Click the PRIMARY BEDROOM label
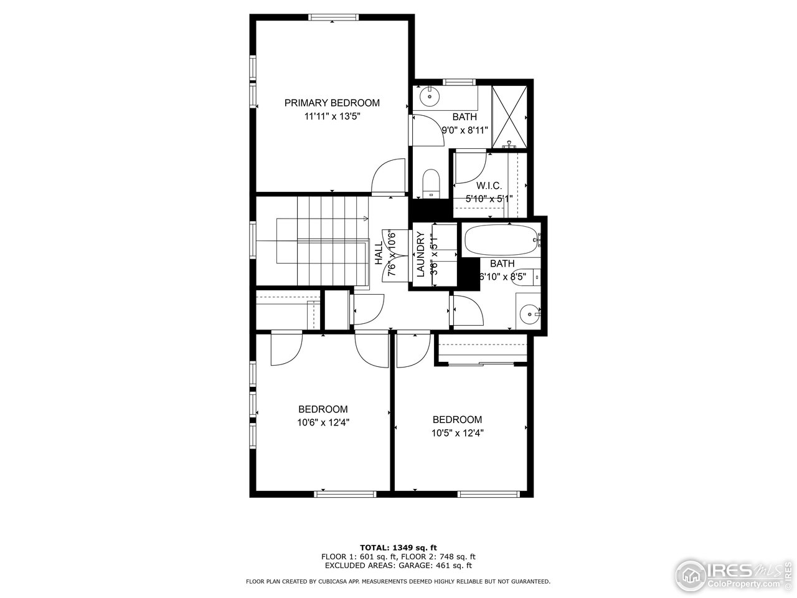tap(332, 103)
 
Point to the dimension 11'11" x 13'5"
tap(332, 116)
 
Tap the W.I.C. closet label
tap(489, 186)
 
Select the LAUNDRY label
tap(421, 255)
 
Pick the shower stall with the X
tap(509, 115)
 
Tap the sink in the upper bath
tap(430, 97)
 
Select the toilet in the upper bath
tap(430, 183)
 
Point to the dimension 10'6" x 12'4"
tap(323, 422)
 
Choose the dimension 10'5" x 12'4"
tap(457, 433)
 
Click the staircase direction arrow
tap(364, 218)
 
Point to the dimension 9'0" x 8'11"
tap(465, 130)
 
